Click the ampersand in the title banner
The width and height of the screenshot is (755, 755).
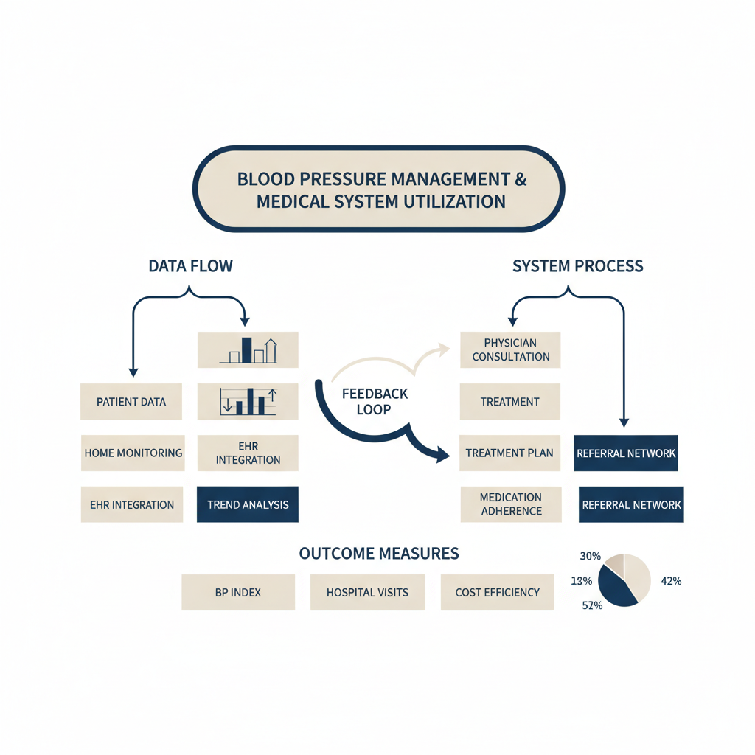[521, 179]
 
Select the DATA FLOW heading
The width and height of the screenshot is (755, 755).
[191, 265]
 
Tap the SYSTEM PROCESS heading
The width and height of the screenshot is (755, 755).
[578, 265]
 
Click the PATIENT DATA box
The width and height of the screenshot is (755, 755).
[131, 402]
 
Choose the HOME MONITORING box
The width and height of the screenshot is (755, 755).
[133, 453]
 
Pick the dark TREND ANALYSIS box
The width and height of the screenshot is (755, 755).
[248, 504]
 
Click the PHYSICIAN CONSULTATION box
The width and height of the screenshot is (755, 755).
[510, 349]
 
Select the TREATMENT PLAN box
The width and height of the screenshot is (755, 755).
[510, 453]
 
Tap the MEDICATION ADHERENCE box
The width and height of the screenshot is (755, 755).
[511, 504]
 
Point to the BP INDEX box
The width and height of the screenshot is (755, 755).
[238, 592]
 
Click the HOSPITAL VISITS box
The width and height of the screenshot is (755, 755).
[367, 592]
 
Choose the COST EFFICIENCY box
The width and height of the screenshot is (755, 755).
[498, 592]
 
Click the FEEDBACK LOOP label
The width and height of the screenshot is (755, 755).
[375, 402]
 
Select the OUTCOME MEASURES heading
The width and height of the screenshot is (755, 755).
[379, 553]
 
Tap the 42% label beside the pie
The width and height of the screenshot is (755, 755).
[671, 581]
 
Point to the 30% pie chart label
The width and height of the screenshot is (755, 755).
[591, 556]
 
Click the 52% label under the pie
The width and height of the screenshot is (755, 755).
[592, 605]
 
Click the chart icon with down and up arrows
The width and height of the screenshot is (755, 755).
[248, 402]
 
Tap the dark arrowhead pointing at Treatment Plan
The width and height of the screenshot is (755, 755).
[443, 454]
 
